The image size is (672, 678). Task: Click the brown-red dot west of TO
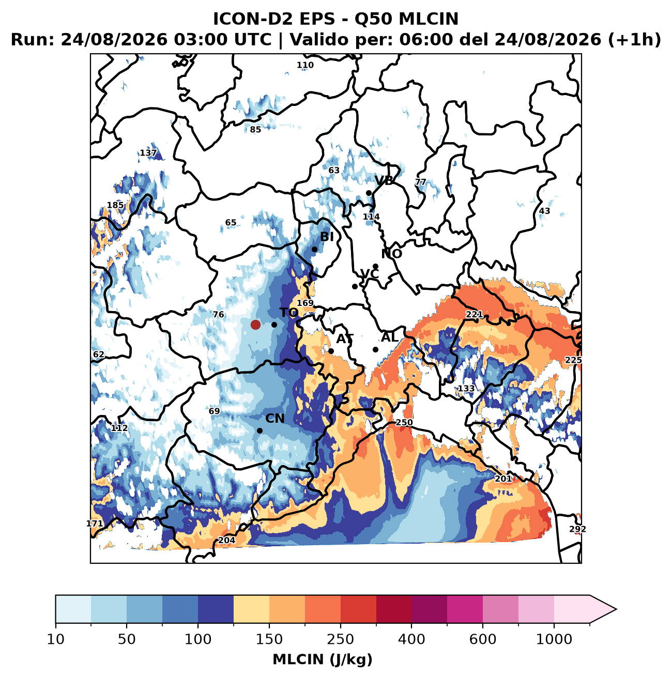point(255,325)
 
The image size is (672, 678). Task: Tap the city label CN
point(274,419)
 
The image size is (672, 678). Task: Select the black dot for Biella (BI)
point(314,250)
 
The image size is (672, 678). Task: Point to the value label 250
point(404,423)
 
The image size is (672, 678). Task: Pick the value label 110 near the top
point(305,65)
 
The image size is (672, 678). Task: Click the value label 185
point(115,205)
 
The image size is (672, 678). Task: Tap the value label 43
point(544,211)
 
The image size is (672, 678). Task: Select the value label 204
point(227,540)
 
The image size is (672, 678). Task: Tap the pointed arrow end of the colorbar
point(616,609)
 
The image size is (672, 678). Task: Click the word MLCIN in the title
point(429,19)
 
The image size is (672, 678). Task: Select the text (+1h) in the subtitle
point(634,40)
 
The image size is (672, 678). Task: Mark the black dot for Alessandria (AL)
point(376,350)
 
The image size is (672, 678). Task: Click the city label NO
point(391,254)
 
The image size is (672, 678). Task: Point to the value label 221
point(474,314)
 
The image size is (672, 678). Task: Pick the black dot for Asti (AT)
point(331,351)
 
